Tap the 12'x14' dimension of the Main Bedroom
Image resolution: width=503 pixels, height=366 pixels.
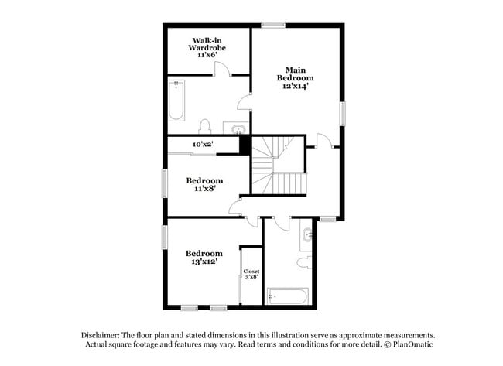click(x=295, y=87)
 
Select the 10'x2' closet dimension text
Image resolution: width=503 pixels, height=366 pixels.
click(x=203, y=145)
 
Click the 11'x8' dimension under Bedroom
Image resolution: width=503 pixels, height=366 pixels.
click(x=204, y=189)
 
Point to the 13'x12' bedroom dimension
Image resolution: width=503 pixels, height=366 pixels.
click(x=204, y=262)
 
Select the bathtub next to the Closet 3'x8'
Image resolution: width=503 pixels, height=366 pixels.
click(x=287, y=296)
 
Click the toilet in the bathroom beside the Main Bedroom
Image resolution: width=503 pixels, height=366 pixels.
click(x=205, y=126)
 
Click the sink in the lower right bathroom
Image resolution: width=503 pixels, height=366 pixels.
click(x=309, y=232)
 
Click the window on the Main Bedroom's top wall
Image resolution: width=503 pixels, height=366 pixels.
click(x=273, y=25)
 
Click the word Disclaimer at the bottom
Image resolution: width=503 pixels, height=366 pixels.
click(x=104, y=334)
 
